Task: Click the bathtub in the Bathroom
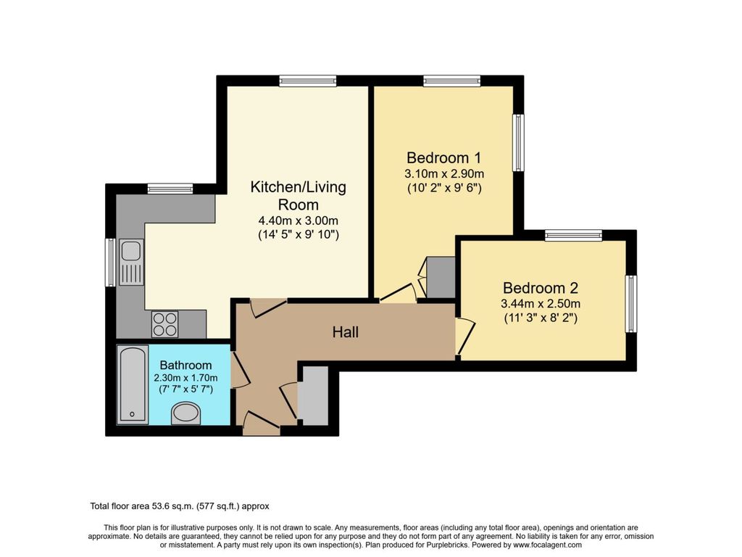coord(133,385)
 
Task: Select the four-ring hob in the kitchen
coord(164,323)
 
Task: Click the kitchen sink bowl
coord(131,251)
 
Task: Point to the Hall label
coord(346,333)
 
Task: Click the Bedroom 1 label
coord(444,157)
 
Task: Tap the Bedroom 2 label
coord(541,287)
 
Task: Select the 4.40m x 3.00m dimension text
coord(298,221)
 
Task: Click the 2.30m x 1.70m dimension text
coord(185,379)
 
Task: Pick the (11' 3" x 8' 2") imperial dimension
coord(541,318)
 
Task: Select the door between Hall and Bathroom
coord(238,369)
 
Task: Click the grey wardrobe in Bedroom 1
coord(440,278)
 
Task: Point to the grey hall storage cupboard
coord(314,396)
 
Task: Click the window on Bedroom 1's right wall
coord(518,142)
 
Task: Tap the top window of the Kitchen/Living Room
coord(307,81)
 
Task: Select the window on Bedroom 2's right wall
coord(631,303)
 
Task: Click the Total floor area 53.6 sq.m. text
coord(179,506)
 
